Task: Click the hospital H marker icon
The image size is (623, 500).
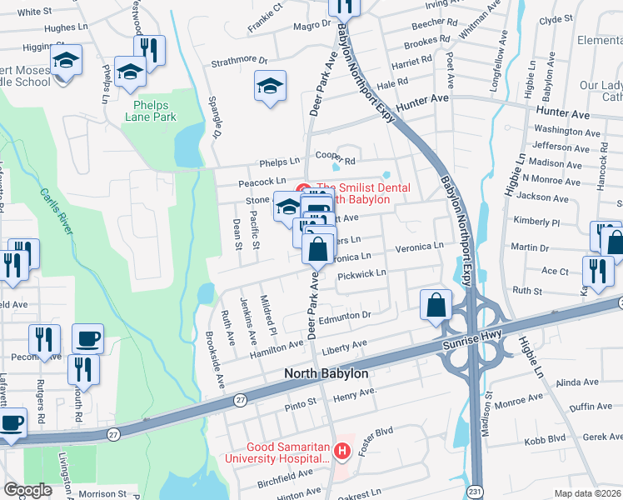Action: pyautogui.click(x=341, y=452)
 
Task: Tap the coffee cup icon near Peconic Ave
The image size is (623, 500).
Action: pyautogui.click(x=87, y=338)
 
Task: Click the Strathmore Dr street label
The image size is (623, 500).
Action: pyautogui.click(x=239, y=61)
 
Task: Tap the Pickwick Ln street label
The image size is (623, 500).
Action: pyautogui.click(x=363, y=273)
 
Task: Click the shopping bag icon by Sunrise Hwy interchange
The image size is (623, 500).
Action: pyautogui.click(x=436, y=305)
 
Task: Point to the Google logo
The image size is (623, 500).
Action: pyautogui.click(x=27, y=490)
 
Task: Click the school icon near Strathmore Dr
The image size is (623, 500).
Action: pyautogui.click(x=270, y=87)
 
